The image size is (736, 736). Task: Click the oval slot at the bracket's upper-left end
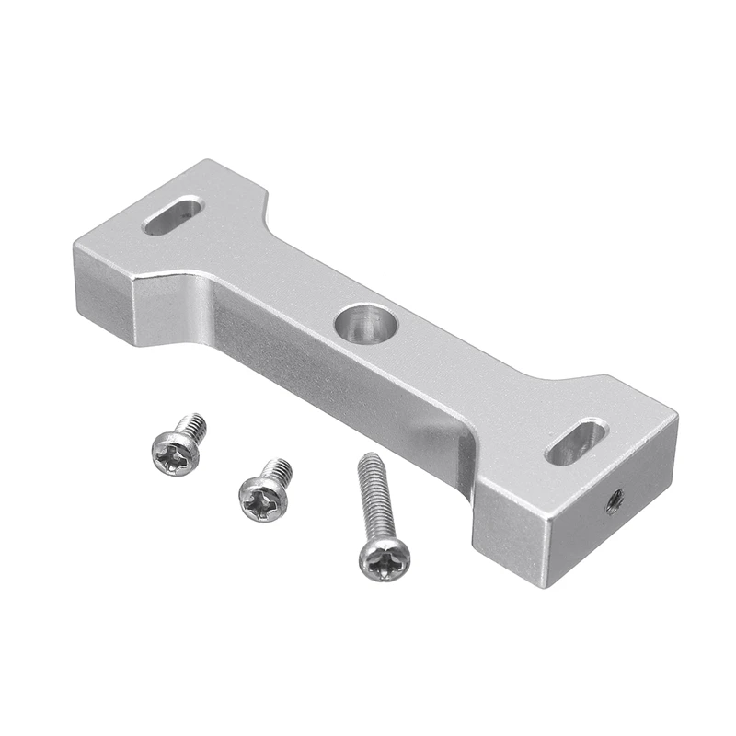click(172, 216)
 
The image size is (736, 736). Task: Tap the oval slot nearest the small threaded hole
click(576, 442)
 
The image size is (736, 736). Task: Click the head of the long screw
click(384, 558)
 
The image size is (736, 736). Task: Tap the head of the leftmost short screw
click(175, 454)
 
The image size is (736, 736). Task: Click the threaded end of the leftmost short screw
click(192, 425)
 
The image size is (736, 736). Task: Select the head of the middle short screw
click(263, 500)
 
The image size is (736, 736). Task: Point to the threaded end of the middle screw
click(278, 471)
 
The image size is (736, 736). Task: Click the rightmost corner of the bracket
click(678, 416)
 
